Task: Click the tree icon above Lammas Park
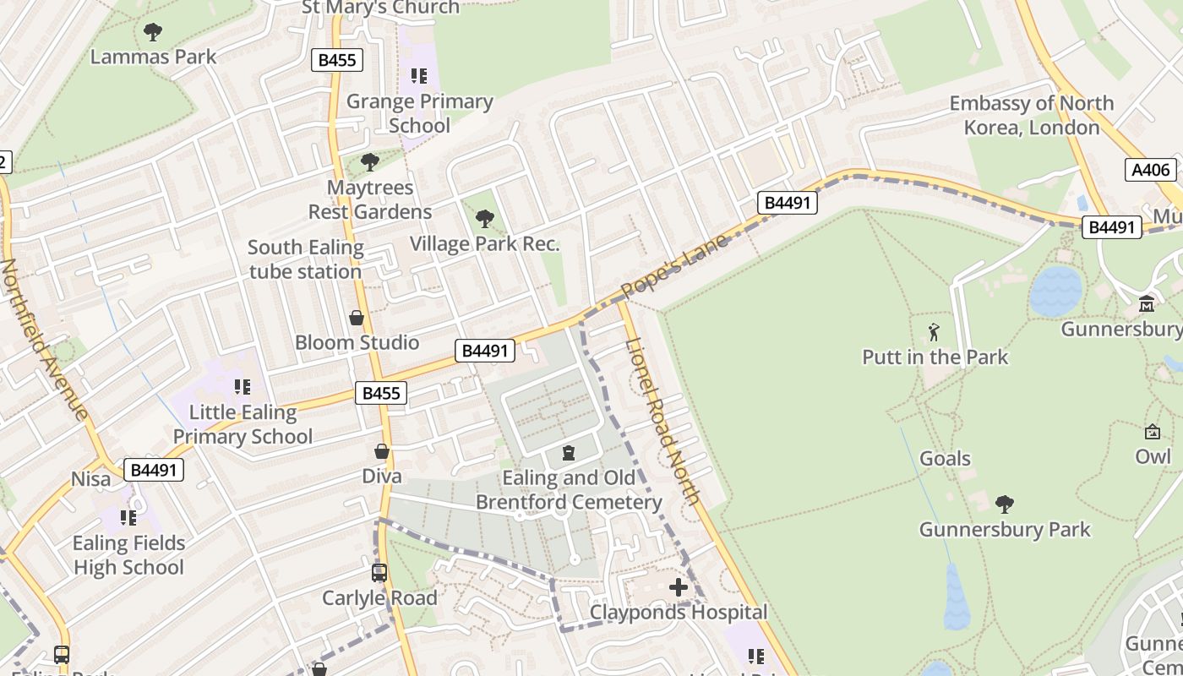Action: (x=153, y=32)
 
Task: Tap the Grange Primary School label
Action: (x=420, y=113)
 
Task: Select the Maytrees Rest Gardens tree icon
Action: (x=369, y=161)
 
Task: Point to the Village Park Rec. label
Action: (x=484, y=244)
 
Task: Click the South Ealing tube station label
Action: (x=305, y=259)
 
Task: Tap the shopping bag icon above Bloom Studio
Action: (x=357, y=318)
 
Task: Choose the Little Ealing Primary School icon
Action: (x=243, y=387)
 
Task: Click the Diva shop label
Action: (x=382, y=476)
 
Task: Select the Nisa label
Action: (x=90, y=479)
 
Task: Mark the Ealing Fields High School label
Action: (x=128, y=554)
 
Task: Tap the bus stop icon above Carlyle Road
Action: (x=379, y=573)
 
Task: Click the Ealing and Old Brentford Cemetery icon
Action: (x=569, y=454)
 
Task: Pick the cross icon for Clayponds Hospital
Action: (x=679, y=586)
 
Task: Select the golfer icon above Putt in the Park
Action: (x=934, y=331)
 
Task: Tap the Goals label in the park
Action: (x=945, y=459)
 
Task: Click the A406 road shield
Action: (x=1151, y=170)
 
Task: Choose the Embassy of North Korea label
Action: (x=1032, y=116)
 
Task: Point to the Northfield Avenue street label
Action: (x=44, y=339)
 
